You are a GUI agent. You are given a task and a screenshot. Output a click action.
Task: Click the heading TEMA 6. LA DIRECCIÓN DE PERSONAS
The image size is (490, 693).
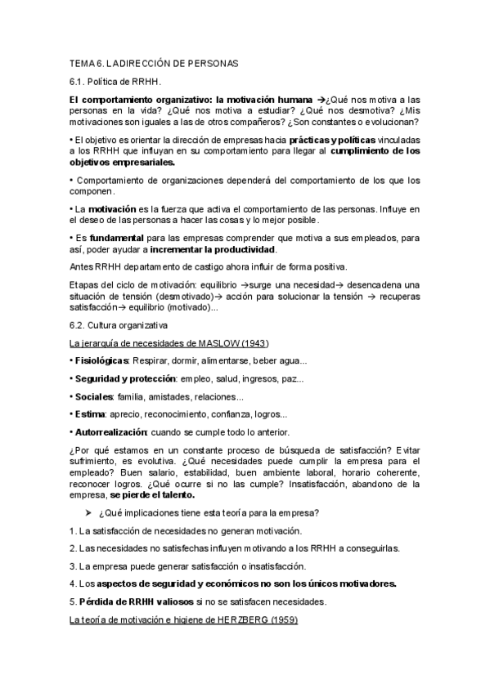(x=153, y=64)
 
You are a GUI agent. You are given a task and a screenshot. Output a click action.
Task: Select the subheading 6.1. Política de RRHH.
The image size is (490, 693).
(x=115, y=82)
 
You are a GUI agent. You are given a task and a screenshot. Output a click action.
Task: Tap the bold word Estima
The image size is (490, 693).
(x=89, y=414)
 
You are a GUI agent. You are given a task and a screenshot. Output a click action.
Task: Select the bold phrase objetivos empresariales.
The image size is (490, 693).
(x=123, y=163)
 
